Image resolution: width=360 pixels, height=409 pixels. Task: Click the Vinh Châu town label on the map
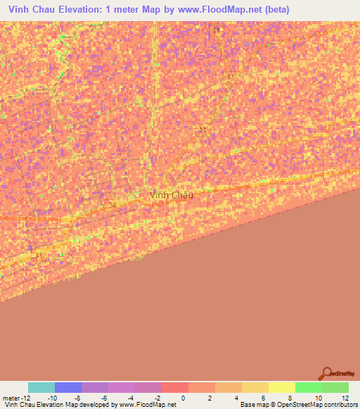171,195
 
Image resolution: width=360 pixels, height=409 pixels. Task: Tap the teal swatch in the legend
41,387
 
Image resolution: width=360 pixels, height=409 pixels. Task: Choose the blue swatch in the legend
68,387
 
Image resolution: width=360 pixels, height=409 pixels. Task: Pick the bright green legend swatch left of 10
308,387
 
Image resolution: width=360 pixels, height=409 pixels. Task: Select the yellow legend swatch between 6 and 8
281,387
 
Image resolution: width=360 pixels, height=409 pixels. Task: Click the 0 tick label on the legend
183,397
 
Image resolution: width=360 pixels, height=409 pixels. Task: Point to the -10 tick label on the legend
52,397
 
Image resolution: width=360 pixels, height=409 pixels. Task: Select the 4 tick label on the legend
236,397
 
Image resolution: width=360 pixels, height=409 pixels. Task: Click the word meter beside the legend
12,397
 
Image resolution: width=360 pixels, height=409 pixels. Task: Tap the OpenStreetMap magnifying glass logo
326,373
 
